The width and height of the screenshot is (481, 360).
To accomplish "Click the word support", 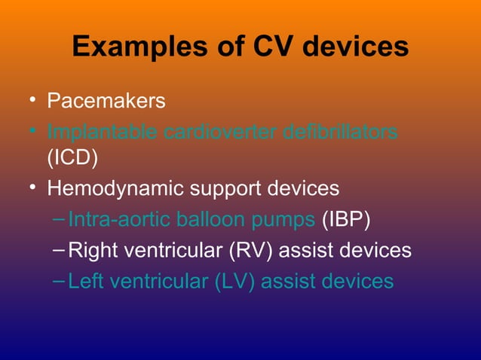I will click(x=234, y=188).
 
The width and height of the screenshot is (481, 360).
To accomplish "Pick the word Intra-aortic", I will click(x=120, y=219).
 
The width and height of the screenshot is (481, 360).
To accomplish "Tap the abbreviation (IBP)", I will click(x=346, y=219).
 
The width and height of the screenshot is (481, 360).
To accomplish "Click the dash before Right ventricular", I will click(x=60, y=250).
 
